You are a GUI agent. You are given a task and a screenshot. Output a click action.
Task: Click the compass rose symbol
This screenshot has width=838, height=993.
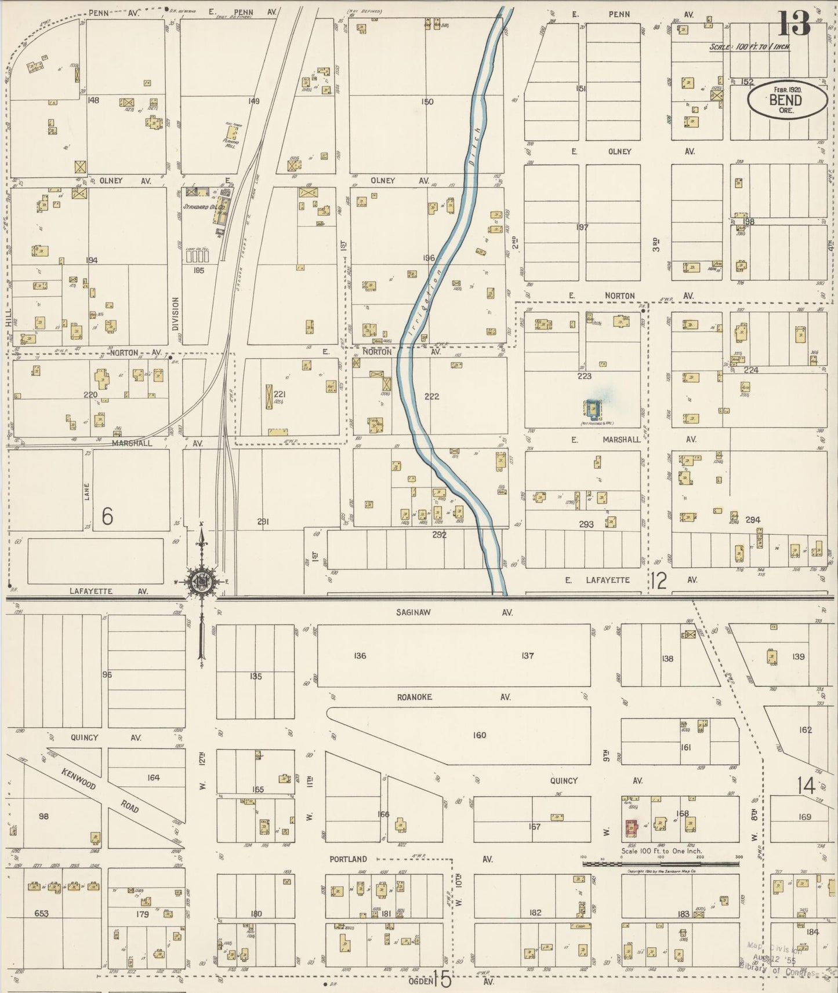pos(202,583)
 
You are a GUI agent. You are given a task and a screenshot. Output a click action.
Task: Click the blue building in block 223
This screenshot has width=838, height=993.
pos(592,409)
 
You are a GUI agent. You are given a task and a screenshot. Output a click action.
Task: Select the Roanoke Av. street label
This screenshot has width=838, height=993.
pos(414,697)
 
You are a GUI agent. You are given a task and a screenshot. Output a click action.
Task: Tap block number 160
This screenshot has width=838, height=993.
pos(479,735)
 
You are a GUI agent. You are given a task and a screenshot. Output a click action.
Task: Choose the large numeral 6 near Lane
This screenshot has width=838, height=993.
pos(107,516)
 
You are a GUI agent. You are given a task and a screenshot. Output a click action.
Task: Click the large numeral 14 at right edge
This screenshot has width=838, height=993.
pos(806,786)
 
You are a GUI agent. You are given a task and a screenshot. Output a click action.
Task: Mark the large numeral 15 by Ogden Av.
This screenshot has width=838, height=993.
pos(441,980)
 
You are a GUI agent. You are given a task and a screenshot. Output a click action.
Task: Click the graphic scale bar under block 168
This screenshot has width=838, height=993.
pos(661,863)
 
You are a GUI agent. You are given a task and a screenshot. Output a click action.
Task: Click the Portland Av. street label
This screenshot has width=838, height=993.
pos(348,859)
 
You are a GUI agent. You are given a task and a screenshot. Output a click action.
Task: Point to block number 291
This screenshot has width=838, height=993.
pos(263,522)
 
